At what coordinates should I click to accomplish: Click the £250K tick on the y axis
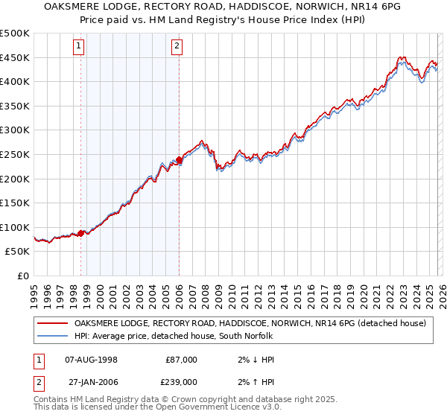click(x=16, y=154)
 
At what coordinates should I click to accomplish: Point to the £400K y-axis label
click(x=16, y=81)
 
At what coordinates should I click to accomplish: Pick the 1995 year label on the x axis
click(x=34, y=290)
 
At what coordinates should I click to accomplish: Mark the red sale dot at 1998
click(x=81, y=233)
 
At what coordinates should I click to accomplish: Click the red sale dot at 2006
click(x=180, y=159)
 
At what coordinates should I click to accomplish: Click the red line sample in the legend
click(x=53, y=323)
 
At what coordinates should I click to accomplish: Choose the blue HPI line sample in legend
click(x=53, y=336)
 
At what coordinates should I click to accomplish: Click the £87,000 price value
click(x=181, y=359)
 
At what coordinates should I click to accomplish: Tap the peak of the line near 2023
click(x=401, y=57)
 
